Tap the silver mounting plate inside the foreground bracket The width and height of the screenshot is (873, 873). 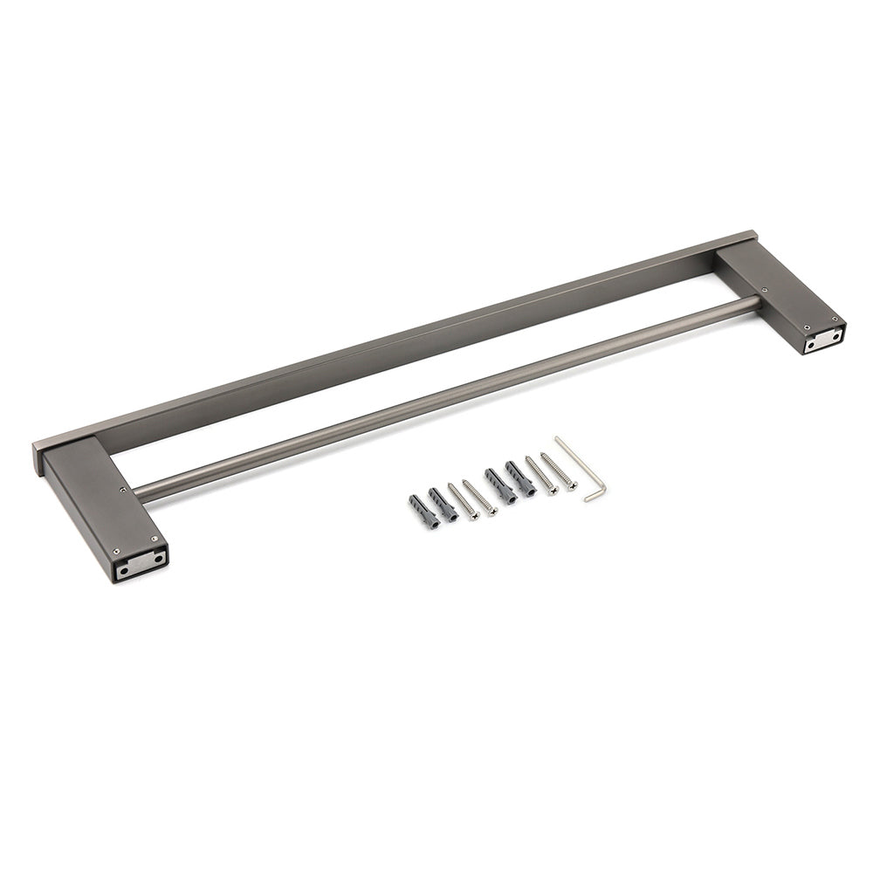pyautogui.click(x=140, y=564)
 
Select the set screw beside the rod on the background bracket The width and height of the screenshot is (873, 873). pyautogui.click(x=766, y=291)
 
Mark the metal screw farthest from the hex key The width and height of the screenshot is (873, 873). pyautogui.click(x=464, y=502)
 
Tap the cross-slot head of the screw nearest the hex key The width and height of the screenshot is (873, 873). pyautogui.click(x=572, y=485)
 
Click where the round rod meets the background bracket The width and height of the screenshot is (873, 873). pyautogui.click(x=756, y=302)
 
